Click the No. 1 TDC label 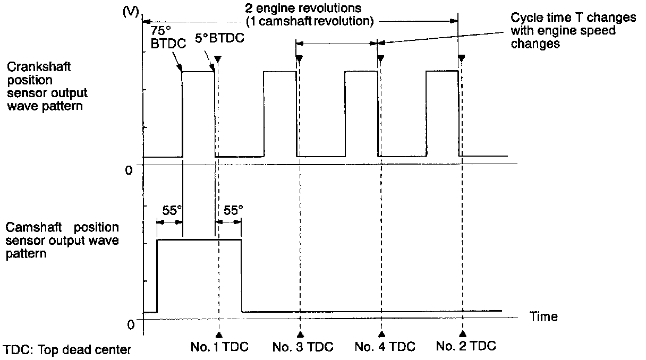click(219, 347)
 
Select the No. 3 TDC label click(303, 347)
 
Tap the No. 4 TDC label click(385, 347)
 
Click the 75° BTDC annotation click(168, 38)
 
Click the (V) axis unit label click(130, 12)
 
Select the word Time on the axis click(543, 317)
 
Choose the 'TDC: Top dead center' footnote click(66, 350)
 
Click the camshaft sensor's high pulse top click(199, 239)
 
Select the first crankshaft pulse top click(199, 71)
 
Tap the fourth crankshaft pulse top click(442, 71)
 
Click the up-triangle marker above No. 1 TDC click(218, 334)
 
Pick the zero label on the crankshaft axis click(129, 170)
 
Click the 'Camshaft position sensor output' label click(62, 241)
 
